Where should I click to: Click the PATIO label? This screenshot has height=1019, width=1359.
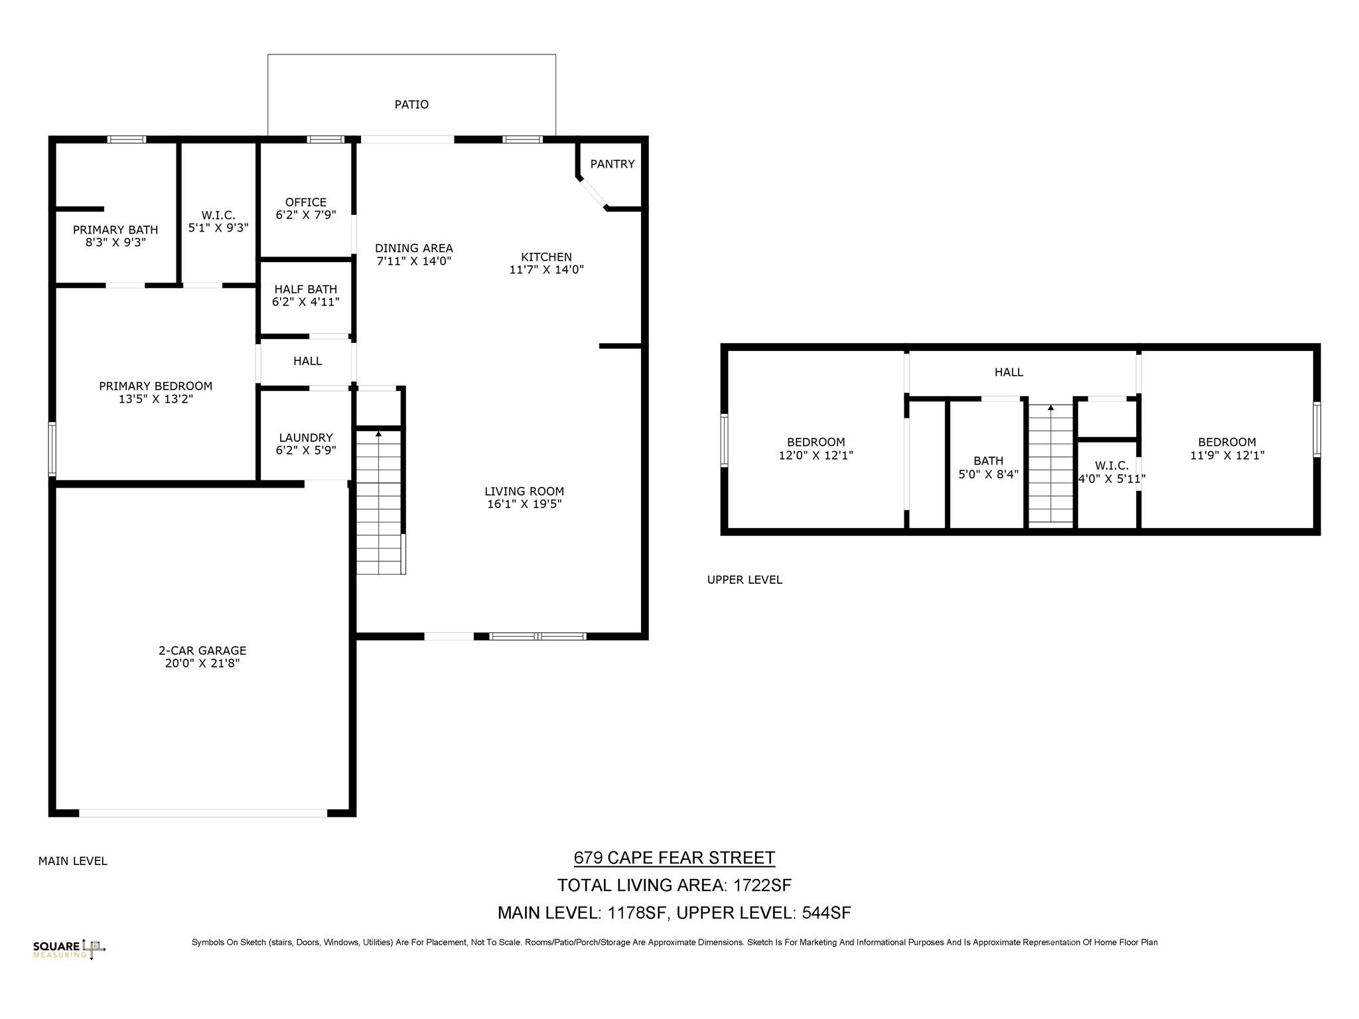pos(411,104)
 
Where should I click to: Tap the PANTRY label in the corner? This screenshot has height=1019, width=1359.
pos(612,164)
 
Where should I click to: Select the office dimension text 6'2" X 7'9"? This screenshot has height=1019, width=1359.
pos(306,215)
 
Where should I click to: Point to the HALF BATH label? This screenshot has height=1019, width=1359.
pos(305,289)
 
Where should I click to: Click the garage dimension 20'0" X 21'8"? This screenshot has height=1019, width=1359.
pos(202,663)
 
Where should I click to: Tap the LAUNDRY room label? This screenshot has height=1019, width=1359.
pos(305,438)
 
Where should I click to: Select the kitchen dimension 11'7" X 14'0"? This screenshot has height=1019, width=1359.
pos(546,269)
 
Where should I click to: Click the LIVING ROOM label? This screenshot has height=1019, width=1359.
pos(524,492)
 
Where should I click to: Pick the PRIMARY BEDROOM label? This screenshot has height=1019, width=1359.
pos(155,386)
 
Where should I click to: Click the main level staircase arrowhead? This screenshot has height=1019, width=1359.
pos(379,434)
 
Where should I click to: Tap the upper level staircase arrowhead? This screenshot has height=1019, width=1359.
pos(1050,408)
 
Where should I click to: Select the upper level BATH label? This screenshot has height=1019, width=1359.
pos(988,461)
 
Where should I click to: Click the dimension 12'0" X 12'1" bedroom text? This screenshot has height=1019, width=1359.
pos(816,456)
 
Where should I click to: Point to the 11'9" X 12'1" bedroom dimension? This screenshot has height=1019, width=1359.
pos(1227,456)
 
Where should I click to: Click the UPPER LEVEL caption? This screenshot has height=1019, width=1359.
pos(745,580)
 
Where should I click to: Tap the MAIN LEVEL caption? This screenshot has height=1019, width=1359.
pos(72,861)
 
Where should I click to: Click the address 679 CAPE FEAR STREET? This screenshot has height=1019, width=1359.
pos(674,858)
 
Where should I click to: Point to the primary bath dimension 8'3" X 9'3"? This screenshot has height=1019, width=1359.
pos(115,243)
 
